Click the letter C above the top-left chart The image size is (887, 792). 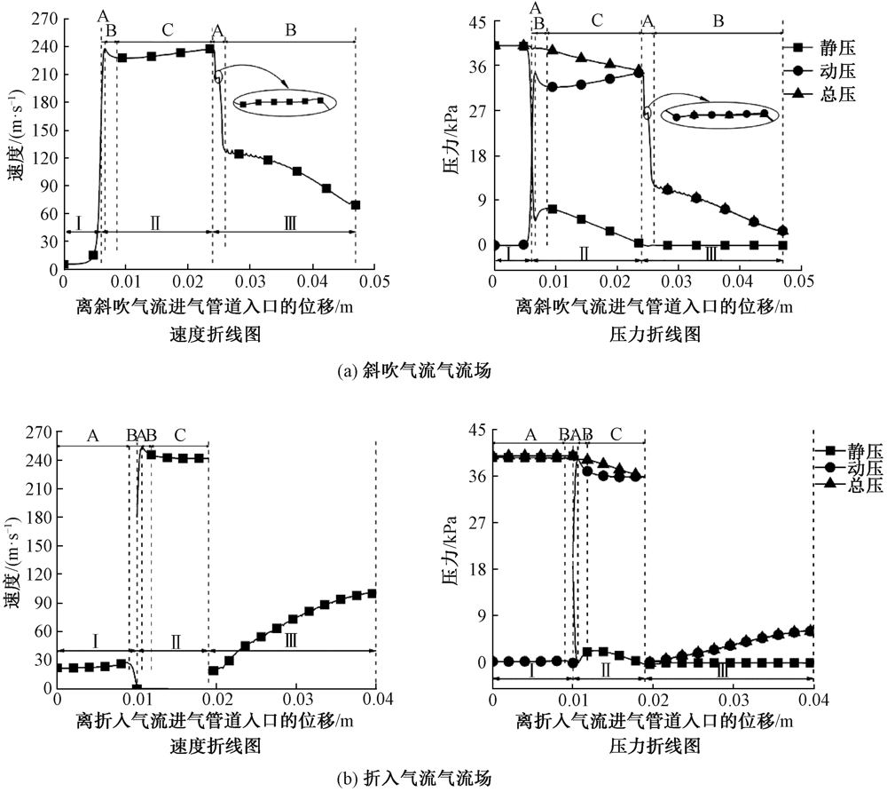coord(167,29)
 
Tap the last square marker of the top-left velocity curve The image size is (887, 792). coord(355,205)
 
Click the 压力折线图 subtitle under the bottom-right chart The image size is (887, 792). coord(653,748)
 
